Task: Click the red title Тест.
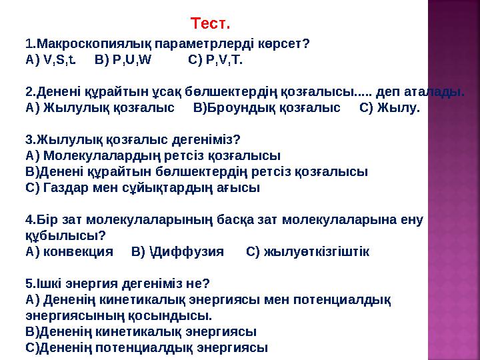(x=210, y=25)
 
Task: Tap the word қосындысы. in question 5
(x=173, y=315)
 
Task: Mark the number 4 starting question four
(x=28, y=219)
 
